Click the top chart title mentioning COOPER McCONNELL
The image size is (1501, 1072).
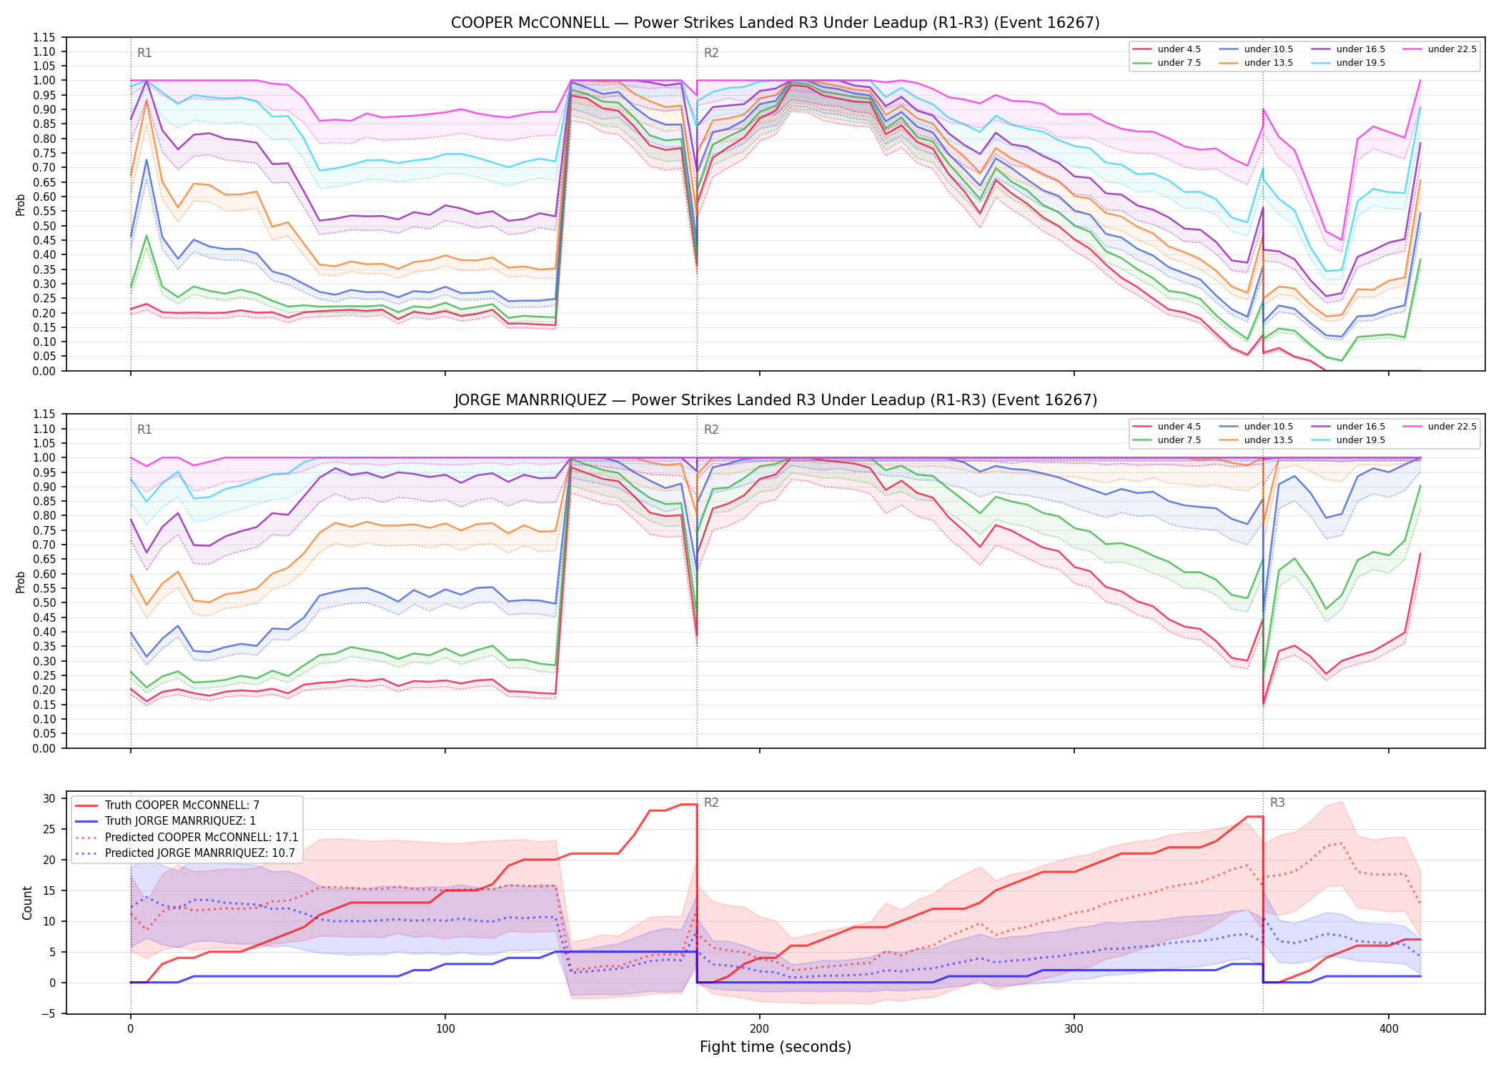coord(775,23)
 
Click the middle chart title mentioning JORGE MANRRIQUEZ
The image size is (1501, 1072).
coord(776,400)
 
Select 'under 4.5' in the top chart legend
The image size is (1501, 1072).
coord(1179,49)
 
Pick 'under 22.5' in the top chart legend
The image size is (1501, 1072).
coord(1452,49)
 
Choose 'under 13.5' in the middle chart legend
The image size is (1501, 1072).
coord(1269,440)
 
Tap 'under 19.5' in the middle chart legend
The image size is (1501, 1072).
coord(1361,440)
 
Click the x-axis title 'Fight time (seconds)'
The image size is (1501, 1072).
coord(776,1047)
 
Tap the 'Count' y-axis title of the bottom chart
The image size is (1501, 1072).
coord(27,903)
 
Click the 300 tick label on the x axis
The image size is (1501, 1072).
coord(1074,1029)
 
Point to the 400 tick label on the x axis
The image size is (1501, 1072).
coord(1388,1029)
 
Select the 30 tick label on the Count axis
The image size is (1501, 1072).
coord(49,799)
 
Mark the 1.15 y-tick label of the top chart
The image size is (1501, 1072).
coord(44,37)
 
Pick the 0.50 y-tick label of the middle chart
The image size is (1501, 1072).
coord(44,603)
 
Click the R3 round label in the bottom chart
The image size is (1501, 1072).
coord(1277,803)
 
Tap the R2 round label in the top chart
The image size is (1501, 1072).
coord(711,53)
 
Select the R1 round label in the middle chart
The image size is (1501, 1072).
coord(144,430)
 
